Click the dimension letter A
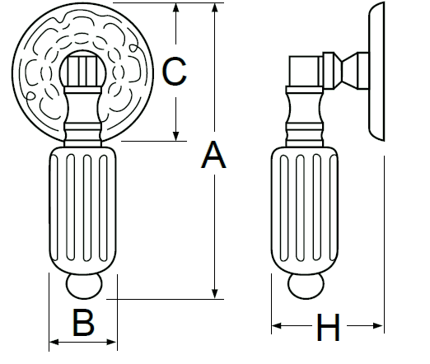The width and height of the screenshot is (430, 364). click(x=213, y=155)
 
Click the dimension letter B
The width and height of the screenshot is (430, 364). click(x=83, y=323)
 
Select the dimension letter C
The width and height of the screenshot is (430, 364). click(x=174, y=71)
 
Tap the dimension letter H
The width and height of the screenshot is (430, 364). click(x=328, y=327)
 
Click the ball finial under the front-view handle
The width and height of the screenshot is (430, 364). click(x=84, y=286)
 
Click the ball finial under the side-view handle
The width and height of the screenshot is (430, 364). click(x=306, y=286)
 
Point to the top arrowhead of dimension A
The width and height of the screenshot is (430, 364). click(x=215, y=7)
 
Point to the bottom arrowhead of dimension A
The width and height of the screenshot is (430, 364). click(x=215, y=294)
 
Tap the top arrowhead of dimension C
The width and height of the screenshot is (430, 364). click(x=176, y=7)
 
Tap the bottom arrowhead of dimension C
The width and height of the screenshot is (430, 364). click(x=176, y=137)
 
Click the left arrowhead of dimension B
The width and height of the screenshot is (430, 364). click(x=54, y=342)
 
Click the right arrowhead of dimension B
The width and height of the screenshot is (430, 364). click(x=112, y=342)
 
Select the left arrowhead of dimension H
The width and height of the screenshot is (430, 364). click(x=277, y=326)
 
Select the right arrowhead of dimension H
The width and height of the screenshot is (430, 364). click(x=378, y=326)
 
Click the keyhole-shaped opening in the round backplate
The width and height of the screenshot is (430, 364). click(x=82, y=68)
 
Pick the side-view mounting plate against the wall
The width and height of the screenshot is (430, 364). click(x=376, y=72)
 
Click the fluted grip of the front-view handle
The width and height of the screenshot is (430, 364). click(x=82, y=211)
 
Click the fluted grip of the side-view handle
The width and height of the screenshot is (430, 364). click(x=305, y=211)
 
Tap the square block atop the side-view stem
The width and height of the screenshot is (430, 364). click(x=306, y=71)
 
